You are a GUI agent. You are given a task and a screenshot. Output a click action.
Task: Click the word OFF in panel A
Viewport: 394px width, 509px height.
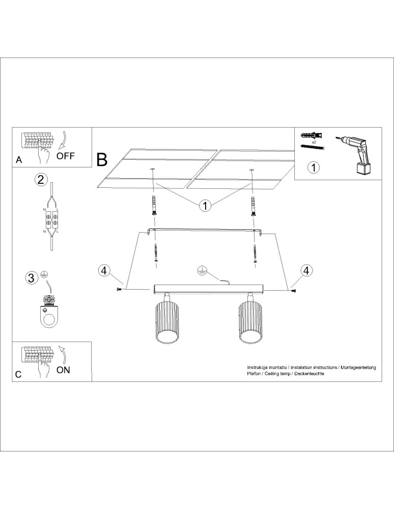(66, 156)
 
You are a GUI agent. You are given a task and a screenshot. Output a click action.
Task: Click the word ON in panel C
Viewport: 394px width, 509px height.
(63, 370)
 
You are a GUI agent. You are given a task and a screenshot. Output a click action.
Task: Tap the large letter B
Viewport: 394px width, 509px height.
(102, 159)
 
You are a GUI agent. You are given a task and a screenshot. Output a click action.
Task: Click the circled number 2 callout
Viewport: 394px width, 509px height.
(41, 179)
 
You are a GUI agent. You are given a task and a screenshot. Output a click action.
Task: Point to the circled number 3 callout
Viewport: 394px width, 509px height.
(32, 278)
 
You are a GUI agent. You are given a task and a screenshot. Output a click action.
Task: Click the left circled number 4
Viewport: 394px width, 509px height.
(103, 270)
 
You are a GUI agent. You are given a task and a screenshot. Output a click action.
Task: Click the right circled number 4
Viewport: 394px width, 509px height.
(306, 270)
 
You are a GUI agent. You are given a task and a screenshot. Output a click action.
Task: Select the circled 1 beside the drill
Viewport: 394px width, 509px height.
(314, 167)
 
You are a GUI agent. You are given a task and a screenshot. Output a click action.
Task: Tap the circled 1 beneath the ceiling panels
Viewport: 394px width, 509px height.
(205, 206)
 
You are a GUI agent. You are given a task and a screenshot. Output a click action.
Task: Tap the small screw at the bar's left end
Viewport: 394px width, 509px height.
(120, 289)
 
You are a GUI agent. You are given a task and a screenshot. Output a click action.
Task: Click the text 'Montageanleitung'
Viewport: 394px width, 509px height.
(358, 367)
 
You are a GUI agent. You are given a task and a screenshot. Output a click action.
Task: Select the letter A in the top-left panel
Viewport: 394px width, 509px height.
(19, 160)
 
